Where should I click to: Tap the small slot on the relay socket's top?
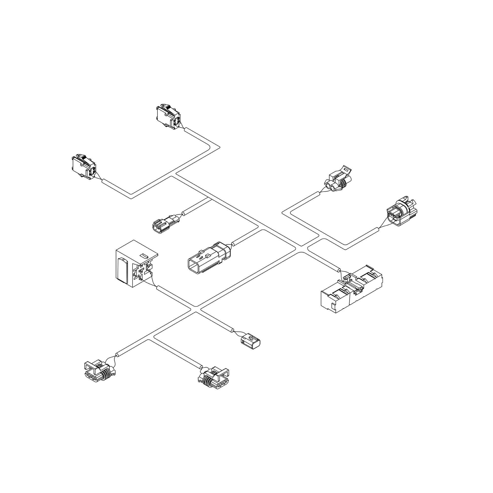tap(144, 255)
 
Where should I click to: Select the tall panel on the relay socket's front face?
tap(123, 270)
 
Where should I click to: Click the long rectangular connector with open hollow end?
tap(208, 258)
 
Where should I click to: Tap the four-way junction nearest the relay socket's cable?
tap(196, 309)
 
